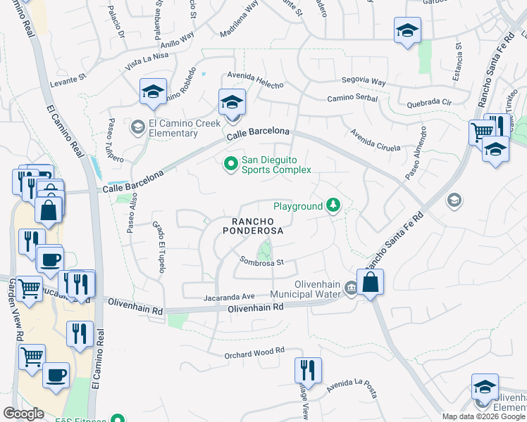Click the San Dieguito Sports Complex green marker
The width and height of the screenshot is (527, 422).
(230, 165)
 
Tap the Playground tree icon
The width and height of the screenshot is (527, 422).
(333, 206)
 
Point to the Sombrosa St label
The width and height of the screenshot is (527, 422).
(261, 262)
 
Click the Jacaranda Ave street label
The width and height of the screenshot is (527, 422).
(228, 297)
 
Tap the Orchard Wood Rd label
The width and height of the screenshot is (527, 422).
(254, 351)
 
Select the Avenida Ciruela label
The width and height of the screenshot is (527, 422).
(375, 141)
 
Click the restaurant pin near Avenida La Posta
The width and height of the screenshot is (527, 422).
(308, 370)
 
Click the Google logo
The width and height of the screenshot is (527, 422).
(24, 414)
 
